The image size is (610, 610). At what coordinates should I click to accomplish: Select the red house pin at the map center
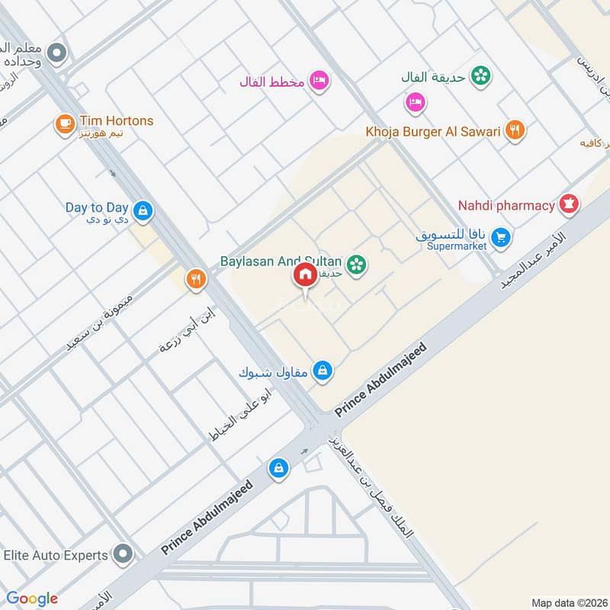[x=305, y=274]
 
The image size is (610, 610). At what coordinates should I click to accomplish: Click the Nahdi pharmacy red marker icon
[x=568, y=204]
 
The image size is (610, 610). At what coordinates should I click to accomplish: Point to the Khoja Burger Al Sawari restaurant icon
[x=516, y=131]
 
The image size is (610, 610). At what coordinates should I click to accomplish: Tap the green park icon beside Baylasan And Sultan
[x=355, y=265]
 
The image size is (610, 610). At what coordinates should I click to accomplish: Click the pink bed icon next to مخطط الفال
[x=319, y=81]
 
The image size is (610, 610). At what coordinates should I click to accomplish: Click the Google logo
[x=32, y=599]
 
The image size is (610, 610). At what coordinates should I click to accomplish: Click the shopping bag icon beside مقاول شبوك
[x=323, y=371]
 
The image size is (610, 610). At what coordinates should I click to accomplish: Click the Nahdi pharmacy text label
[x=506, y=205]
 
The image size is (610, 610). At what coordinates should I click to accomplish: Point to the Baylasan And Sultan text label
[x=281, y=262]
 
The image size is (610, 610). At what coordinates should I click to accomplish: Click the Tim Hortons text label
[x=117, y=120]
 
